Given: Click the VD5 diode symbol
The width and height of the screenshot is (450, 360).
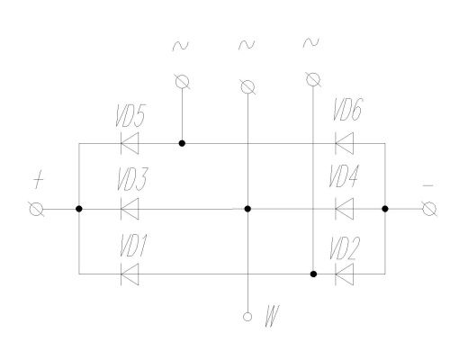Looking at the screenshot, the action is tap(130, 143).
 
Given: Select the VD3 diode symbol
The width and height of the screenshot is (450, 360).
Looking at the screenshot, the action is tap(130, 209).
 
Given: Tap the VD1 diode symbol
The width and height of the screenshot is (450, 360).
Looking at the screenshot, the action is tap(130, 274).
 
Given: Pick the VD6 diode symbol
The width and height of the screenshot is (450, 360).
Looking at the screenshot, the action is tap(345, 143).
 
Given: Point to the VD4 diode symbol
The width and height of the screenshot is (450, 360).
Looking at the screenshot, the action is tap(345, 209).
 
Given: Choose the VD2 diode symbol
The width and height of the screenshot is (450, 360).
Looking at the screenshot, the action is tap(345, 274).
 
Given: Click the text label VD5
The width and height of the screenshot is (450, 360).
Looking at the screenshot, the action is tap(130, 115).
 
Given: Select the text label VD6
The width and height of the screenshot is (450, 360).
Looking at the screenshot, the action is tap(348, 109).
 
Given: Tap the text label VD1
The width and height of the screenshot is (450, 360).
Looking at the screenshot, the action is tap(133, 246).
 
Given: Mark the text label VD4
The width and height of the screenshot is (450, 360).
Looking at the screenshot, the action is tap(344, 175).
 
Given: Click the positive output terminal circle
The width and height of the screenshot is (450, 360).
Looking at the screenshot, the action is tap(36, 209).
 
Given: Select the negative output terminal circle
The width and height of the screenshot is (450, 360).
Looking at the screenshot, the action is tap(429, 209).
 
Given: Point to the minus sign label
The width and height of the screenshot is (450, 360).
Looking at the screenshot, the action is tap(427, 185).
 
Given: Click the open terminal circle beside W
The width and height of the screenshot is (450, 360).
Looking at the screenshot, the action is tap(247, 317).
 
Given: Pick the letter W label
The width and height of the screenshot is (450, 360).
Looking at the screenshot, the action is tap(272, 316).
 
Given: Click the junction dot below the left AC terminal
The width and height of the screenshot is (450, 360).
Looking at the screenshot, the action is tap(182, 143).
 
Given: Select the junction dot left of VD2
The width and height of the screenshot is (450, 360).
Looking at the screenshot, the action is tap(313, 274).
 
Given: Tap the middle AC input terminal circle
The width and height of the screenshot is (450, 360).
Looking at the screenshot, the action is tap(247, 87).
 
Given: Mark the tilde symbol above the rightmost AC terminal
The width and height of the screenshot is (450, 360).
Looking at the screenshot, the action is tap(310, 43).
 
